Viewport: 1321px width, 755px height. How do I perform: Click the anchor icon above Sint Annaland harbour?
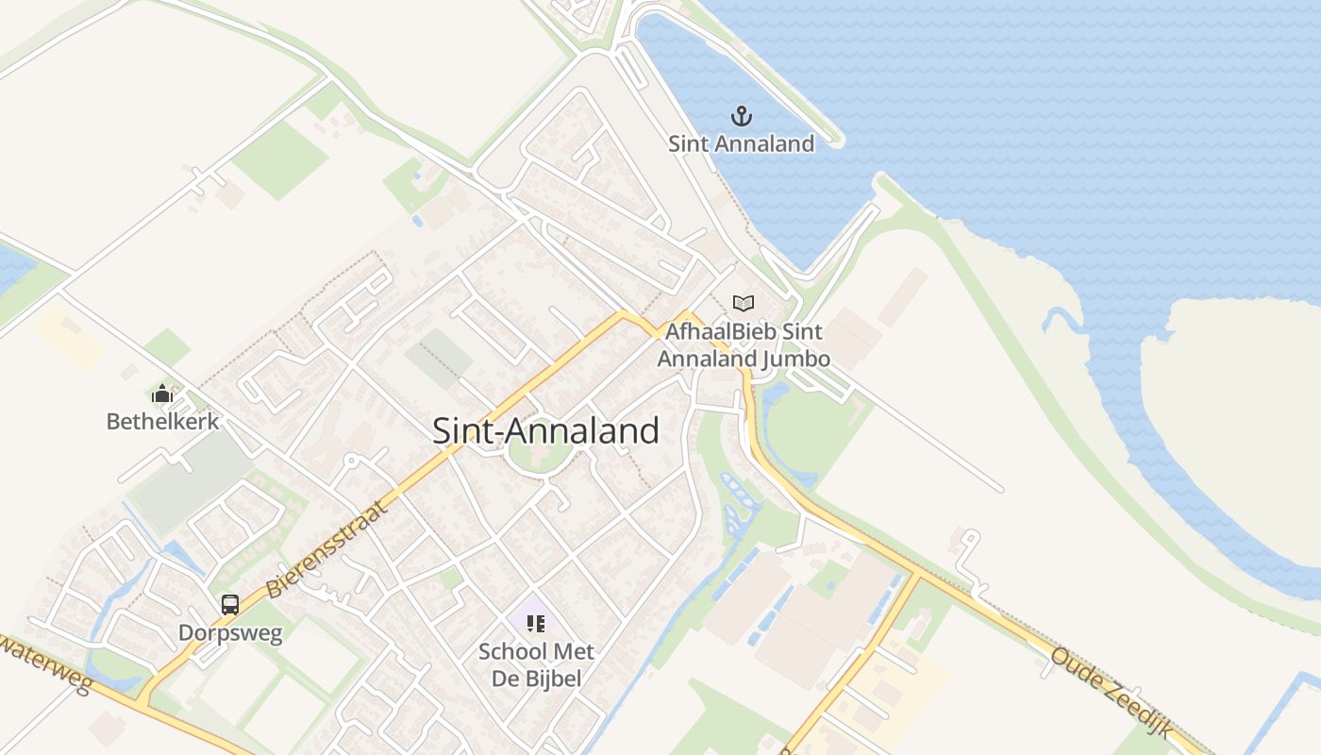742,116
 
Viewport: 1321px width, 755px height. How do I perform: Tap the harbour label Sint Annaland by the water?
742,144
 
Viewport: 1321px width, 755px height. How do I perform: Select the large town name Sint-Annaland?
545,430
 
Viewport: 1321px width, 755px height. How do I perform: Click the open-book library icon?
744,303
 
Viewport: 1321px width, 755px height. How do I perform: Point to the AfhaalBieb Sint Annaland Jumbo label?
744,345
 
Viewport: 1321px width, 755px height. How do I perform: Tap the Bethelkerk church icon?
162,394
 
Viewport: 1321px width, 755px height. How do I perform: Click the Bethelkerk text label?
162,422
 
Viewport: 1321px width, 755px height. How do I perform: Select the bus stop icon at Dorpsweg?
230,605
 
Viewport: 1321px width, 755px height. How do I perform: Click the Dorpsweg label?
230,633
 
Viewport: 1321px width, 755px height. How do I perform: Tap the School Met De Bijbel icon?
536,623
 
